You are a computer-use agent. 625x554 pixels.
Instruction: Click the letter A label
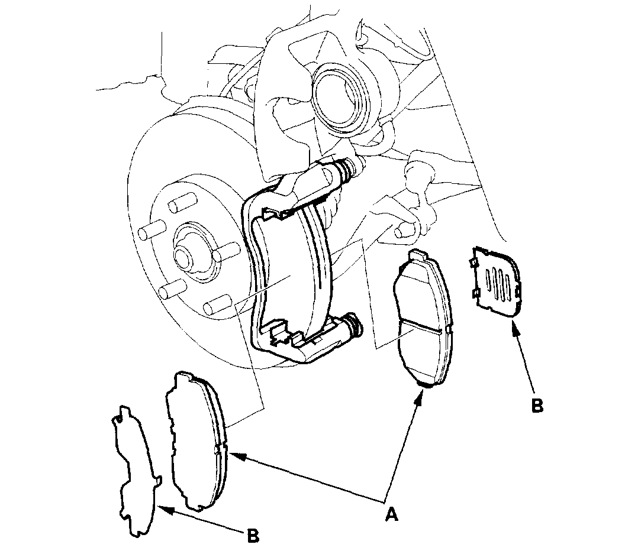(390, 514)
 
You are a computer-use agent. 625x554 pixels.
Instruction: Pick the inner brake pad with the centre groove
(421, 319)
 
